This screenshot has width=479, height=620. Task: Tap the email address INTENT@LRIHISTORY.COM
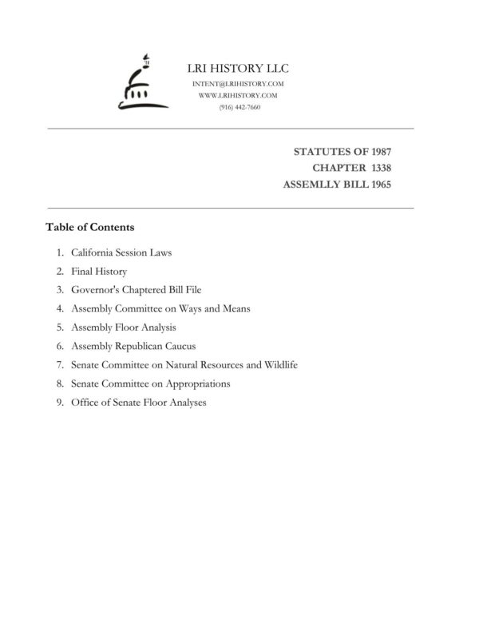point(239,84)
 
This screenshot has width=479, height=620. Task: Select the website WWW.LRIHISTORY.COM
point(239,95)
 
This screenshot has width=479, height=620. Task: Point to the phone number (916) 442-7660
point(239,107)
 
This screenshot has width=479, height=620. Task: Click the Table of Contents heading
point(89,227)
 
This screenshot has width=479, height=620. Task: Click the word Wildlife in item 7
point(279,364)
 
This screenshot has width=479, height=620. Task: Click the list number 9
point(60,402)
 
